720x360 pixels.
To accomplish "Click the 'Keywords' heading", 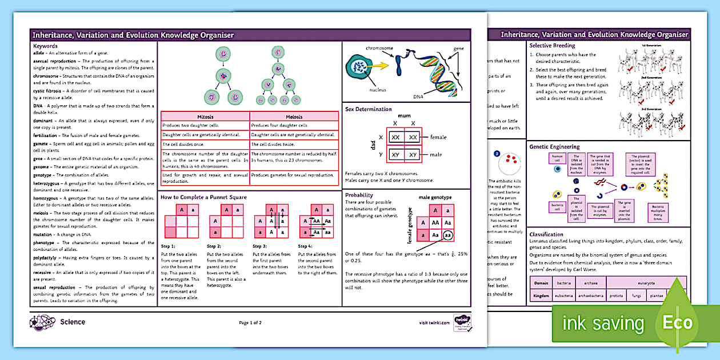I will pyautogui.click(x=45, y=46).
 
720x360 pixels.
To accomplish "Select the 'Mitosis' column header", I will pyautogui.click(x=205, y=117).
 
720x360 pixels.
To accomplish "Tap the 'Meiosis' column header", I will pyautogui.click(x=293, y=117).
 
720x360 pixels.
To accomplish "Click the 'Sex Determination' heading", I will pyautogui.click(x=369, y=109).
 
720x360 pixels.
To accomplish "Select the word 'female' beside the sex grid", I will pyautogui.click(x=438, y=137).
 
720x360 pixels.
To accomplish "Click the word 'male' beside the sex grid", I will pyautogui.click(x=436, y=155).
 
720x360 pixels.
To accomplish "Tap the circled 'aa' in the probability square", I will pyautogui.click(x=447, y=235).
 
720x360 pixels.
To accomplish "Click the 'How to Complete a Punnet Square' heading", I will pyautogui.click(x=203, y=197).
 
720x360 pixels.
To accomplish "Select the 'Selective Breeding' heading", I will pyautogui.click(x=552, y=46).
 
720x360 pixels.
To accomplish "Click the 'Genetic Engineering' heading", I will pyautogui.click(x=554, y=147).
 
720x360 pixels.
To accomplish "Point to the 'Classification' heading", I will pyautogui.click(x=546, y=234).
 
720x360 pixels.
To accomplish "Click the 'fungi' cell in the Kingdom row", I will pyautogui.click(x=636, y=296).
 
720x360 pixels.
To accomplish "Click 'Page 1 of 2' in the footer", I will pyautogui.click(x=250, y=323).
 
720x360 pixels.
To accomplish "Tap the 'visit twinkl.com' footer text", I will pyautogui.click(x=434, y=323).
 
